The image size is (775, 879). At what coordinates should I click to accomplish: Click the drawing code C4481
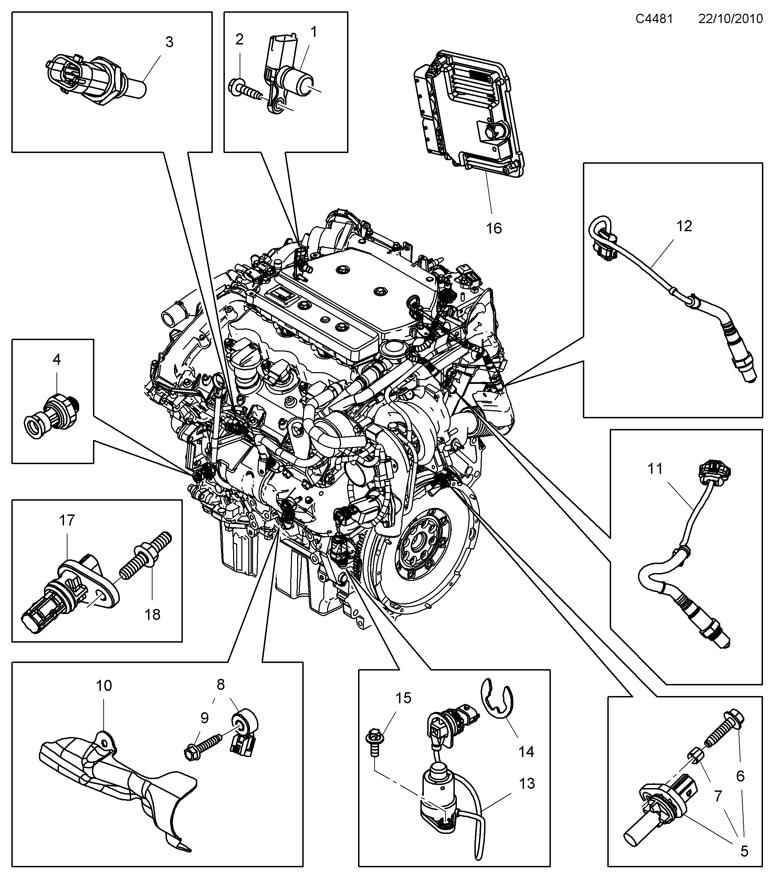pyautogui.click(x=654, y=19)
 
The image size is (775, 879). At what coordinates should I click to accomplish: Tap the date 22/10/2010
pyautogui.click(x=730, y=19)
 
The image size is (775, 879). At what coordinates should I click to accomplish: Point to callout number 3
pyautogui.click(x=169, y=42)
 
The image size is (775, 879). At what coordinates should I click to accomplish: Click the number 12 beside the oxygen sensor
pyautogui.click(x=684, y=226)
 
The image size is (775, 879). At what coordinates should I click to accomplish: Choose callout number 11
pyautogui.click(x=655, y=469)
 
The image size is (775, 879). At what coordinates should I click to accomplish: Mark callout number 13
pyautogui.click(x=527, y=784)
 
